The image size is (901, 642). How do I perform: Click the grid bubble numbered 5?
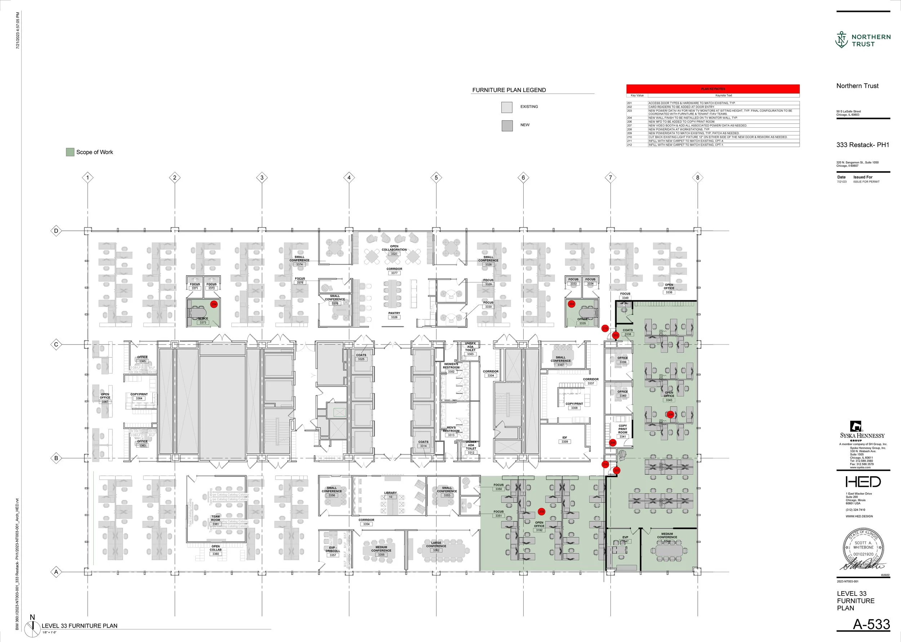tap(436, 177)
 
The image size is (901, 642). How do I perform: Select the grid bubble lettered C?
tap(56, 344)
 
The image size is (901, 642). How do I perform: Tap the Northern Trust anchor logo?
tap(842, 40)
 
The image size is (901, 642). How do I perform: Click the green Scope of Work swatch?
tap(70, 152)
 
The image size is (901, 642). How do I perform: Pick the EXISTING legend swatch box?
tap(507, 107)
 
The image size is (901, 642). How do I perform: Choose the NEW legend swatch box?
tap(507, 126)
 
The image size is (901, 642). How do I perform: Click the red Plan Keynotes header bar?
tap(713, 89)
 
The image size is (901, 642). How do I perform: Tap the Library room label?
tap(390, 494)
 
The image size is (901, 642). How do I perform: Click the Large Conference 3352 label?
tap(436, 546)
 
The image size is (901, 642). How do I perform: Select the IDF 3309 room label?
tap(564, 440)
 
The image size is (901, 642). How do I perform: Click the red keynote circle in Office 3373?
tap(214, 304)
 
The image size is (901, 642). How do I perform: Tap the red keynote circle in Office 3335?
tap(571, 304)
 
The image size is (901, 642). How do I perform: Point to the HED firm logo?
tap(863, 481)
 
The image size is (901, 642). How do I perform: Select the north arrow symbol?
tap(32, 628)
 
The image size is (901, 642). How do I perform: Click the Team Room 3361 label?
tap(215, 520)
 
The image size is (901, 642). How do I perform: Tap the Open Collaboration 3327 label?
tap(394, 250)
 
